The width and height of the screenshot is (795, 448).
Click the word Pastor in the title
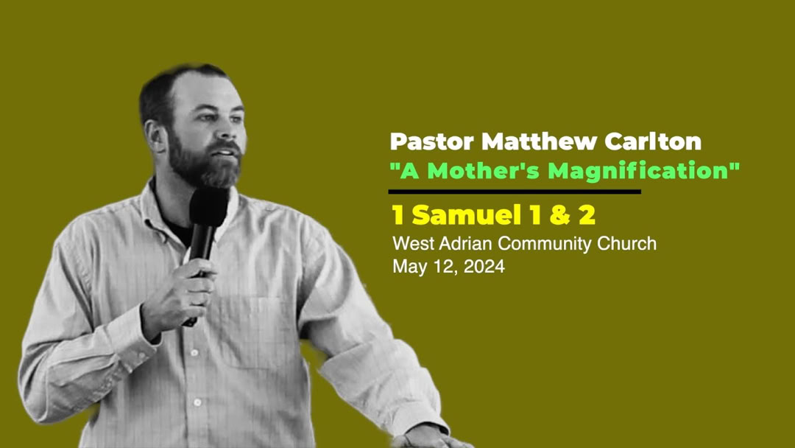[x=423, y=141]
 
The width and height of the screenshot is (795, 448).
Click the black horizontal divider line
[x=515, y=192]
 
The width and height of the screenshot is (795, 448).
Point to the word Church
[x=628, y=243]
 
